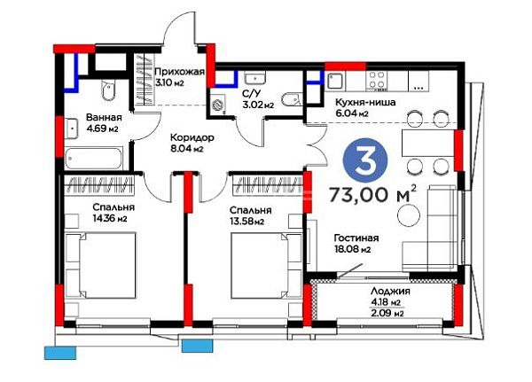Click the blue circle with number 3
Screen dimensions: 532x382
pyautogui.click(x=365, y=160)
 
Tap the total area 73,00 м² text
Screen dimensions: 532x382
pyautogui.click(x=373, y=194)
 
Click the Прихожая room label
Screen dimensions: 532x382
pyautogui.click(x=179, y=72)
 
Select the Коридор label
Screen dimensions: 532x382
pyautogui.click(x=192, y=137)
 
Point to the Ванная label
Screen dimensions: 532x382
pyautogui.click(x=104, y=117)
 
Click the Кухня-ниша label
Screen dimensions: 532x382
pyautogui.click(x=365, y=102)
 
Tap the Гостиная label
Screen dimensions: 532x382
pyautogui.click(x=356, y=238)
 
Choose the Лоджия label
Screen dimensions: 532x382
pyautogui.click(x=390, y=291)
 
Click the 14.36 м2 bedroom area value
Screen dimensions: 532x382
pyautogui.click(x=110, y=219)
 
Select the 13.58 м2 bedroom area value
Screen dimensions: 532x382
pyautogui.click(x=246, y=222)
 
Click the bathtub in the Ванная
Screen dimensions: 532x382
pyautogui.click(x=93, y=159)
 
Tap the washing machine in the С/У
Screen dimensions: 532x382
pyautogui.click(x=217, y=105)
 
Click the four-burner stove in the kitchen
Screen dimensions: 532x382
pyautogui.click(x=377, y=80)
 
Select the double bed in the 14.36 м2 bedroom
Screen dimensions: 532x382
pyautogui.click(x=101, y=266)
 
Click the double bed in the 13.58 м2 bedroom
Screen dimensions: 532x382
pyautogui.click(x=266, y=266)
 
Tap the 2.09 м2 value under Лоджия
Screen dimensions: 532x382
pyautogui.click(x=387, y=314)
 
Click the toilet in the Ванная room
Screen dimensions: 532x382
pyautogui.click(x=108, y=90)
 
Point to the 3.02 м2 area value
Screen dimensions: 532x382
pyautogui.click(x=258, y=105)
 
